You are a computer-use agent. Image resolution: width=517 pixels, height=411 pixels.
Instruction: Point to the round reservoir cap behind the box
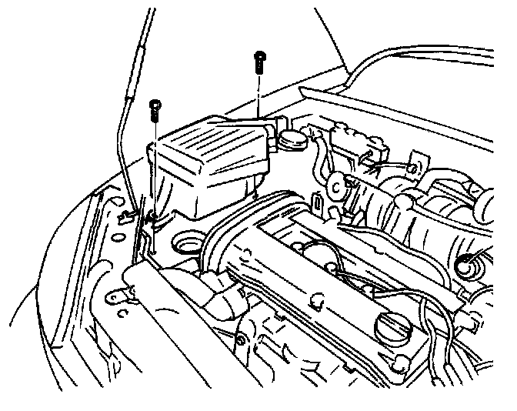[x=292, y=142]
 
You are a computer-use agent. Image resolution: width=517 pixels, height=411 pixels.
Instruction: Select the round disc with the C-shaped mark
[x=337, y=185]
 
